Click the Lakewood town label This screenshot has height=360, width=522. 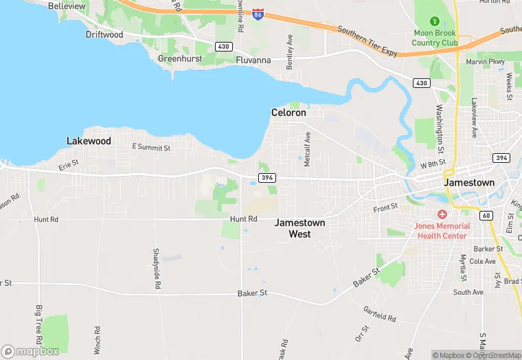pos(89,141)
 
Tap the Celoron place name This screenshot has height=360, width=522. pos(288,112)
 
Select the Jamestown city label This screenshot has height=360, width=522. pos(469,183)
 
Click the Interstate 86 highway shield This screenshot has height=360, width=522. pos(257,14)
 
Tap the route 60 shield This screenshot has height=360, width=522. pos(486,216)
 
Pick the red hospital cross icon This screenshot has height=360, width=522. pos(442,215)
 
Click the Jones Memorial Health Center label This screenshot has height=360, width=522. pos(442,231)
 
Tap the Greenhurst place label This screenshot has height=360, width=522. pos(179,59)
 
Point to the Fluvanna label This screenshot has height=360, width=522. pos(253,60)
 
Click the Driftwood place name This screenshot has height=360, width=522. pos(104,34)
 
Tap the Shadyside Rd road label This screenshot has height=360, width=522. pos(157,268)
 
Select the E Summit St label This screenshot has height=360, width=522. pos(151,147)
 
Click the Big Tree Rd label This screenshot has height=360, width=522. pos(39,326)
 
